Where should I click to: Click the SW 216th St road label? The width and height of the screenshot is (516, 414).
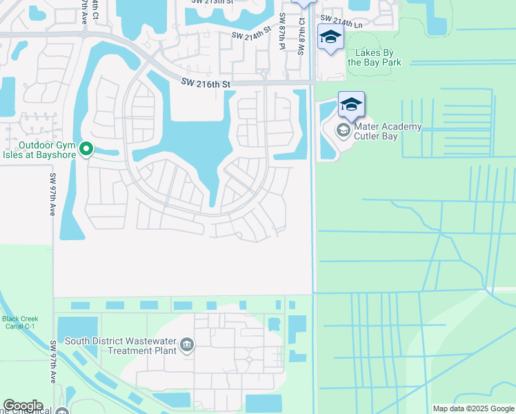(x=205, y=83)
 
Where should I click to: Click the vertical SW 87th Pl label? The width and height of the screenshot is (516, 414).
(x=281, y=31)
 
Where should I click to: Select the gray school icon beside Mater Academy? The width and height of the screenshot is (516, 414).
(x=343, y=130)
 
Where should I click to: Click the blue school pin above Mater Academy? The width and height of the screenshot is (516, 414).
(x=351, y=106)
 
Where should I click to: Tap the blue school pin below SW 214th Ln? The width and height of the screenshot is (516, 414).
(x=330, y=37)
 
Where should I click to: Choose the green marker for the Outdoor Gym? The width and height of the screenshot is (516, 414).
(x=86, y=148)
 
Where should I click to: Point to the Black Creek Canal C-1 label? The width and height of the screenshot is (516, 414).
(x=20, y=322)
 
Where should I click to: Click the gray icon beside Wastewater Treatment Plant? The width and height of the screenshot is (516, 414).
(x=186, y=344)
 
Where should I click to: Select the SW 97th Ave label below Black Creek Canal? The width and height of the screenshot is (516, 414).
(x=53, y=362)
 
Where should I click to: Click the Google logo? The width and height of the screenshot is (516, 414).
(x=23, y=406)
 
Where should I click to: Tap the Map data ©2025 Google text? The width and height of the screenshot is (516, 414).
(x=473, y=408)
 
